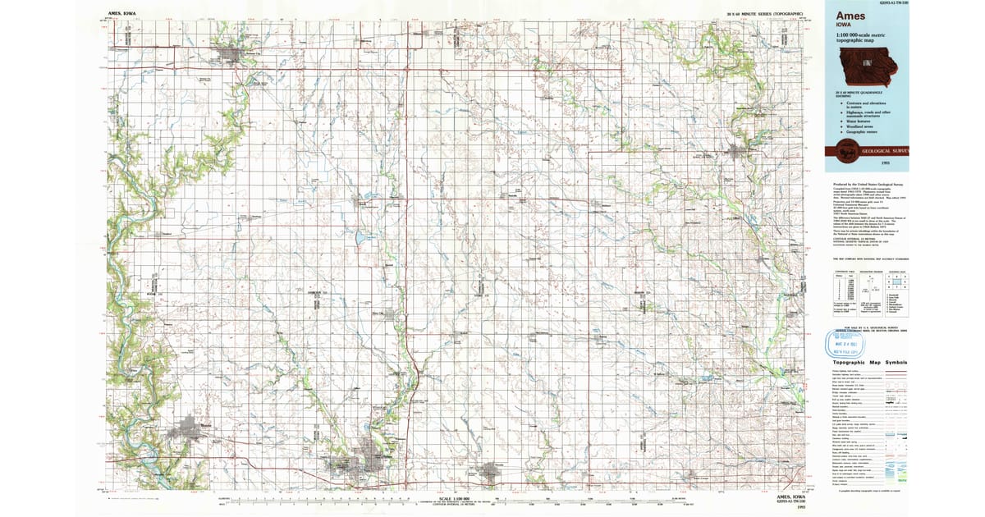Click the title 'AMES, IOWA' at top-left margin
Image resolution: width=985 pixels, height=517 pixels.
(x=123, y=14)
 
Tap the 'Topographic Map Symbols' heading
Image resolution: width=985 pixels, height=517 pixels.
(x=869, y=362)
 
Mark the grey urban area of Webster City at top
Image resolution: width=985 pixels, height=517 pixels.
(x=231, y=57)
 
